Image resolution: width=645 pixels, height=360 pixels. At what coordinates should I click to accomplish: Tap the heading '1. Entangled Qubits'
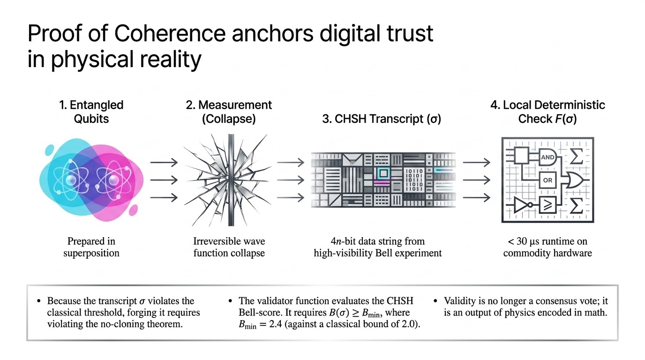point(91,112)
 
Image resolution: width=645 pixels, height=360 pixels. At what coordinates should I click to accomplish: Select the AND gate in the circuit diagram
point(547,157)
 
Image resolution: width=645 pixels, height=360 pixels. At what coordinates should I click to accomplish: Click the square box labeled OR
point(547,180)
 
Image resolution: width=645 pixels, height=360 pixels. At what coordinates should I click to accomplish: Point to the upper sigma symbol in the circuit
point(577,157)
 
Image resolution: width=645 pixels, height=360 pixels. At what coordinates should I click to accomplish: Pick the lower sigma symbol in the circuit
point(577,205)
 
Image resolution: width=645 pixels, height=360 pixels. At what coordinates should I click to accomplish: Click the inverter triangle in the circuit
point(521,205)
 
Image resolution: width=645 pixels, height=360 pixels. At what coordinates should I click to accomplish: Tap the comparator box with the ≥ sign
point(547,205)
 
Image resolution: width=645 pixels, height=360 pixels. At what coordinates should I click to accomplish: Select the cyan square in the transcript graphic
point(383,173)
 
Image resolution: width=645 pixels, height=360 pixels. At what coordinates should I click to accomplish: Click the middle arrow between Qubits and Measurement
point(164,180)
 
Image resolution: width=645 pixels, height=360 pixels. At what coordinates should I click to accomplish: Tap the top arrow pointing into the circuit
point(476,163)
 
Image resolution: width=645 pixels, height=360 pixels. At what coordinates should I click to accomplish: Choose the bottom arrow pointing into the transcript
point(291,197)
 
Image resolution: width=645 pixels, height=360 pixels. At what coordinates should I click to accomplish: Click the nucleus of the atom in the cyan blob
point(71,180)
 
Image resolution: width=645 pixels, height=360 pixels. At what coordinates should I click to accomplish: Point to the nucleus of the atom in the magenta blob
point(113,180)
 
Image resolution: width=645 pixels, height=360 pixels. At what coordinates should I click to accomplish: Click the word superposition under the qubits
point(91,253)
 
